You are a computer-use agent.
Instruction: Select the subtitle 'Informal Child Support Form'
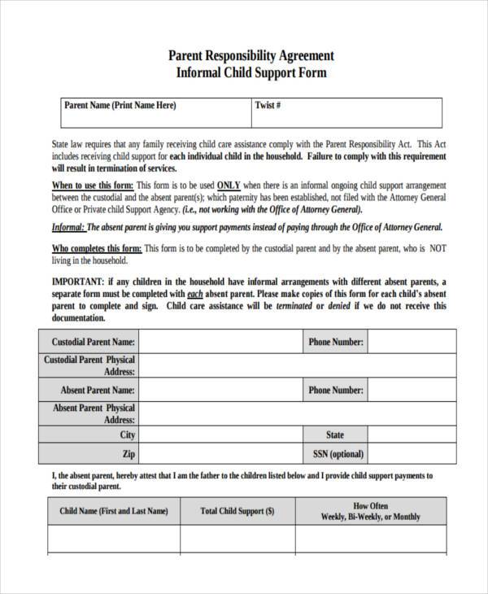pyautogui.click(x=251, y=72)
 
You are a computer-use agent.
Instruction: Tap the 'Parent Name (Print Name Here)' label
pyautogui.click(x=120, y=106)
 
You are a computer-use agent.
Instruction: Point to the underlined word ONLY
pyautogui.click(x=229, y=185)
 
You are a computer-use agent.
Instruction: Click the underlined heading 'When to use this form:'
pyautogui.click(x=93, y=185)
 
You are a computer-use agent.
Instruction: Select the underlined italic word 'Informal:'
pyautogui.click(x=68, y=228)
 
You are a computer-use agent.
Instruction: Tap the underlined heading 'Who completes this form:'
pyautogui.click(x=97, y=248)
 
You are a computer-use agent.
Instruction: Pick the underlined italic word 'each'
pyautogui.click(x=195, y=294)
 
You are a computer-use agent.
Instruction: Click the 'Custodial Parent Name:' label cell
pyautogui.click(x=93, y=343)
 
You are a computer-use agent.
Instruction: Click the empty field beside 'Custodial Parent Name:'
pyautogui.click(x=220, y=343)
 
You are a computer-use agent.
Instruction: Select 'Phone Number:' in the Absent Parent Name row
pyautogui.click(x=335, y=391)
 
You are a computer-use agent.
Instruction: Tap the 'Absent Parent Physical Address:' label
pyautogui.click(x=93, y=413)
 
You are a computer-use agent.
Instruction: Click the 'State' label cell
pyautogui.click(x=335, y=435)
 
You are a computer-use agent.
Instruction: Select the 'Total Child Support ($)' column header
pyautogui.click(x=237, y=511)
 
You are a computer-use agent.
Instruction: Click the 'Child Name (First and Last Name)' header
pyautogui.click(x=114, y=511)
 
